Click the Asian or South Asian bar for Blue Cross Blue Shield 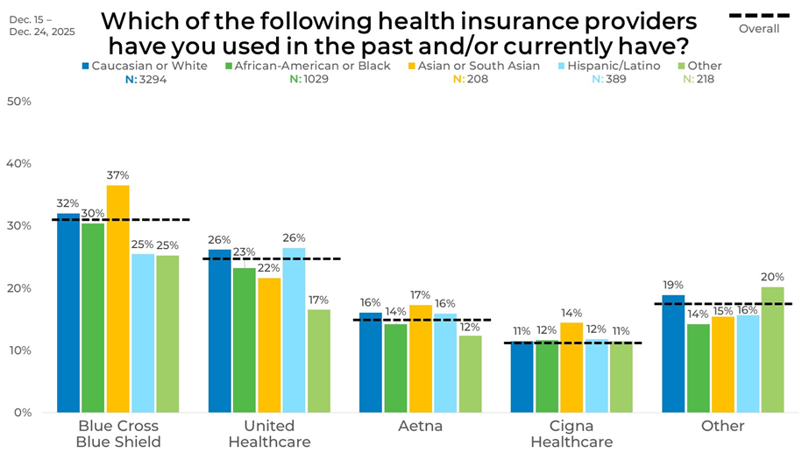pyautogui.click(x=118, y=298)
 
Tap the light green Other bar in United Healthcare pyautogui.click(x=319, y=360)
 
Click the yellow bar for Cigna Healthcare pyautogui.click(x=571, y=367)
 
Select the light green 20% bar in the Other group pyautogui.click(x=772, y=349)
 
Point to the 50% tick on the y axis pyautogui.click(x=19, y=102)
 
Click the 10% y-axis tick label pyautogui.click(x=19, y=350)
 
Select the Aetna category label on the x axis pyautogui.click(x=421, y=427)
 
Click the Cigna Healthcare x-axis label pyautogui.click(x=571, y=434)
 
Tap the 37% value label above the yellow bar pyautogui.click(x=117, y=175)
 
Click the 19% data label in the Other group pyautogui.click(x=673, y=285)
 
